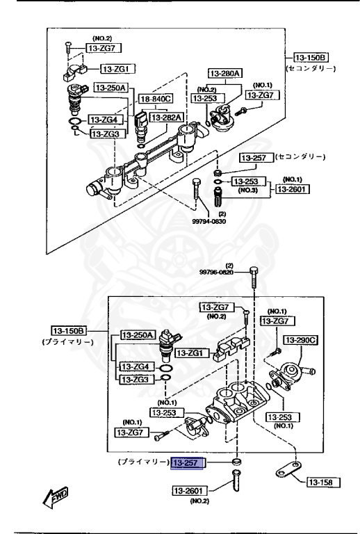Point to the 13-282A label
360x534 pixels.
click(x=167, y=118)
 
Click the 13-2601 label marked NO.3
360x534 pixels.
click(x=293, y=188)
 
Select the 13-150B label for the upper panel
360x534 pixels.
click(x=309, y=57)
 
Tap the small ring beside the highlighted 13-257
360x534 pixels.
click(x=236, y=462)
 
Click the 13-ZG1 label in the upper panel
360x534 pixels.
click(x=120, y=69)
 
